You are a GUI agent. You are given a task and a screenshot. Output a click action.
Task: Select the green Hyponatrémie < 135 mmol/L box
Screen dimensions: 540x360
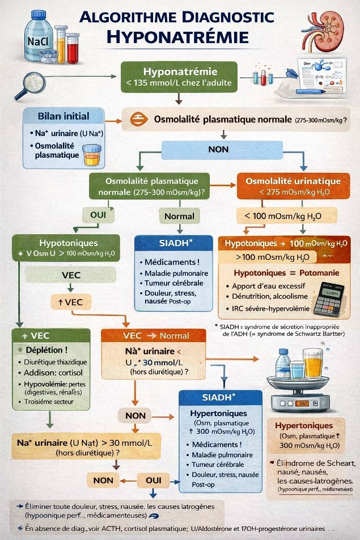coord(179,77)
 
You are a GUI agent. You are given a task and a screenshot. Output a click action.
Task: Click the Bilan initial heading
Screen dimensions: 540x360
coord(63,116)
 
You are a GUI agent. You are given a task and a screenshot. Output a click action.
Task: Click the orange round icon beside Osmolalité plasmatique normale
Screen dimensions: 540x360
coord(138,120)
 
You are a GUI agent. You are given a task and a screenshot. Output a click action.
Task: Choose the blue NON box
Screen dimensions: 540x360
coord(218,149)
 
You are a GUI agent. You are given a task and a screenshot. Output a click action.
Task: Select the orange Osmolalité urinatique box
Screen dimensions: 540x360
coord(293,187)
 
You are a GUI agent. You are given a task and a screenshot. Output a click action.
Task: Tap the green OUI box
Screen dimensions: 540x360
coord(99,215)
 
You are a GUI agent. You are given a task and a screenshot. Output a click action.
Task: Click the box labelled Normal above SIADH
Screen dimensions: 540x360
coord(179,216)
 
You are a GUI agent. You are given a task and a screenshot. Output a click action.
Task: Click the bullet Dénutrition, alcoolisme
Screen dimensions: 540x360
coord(269,297)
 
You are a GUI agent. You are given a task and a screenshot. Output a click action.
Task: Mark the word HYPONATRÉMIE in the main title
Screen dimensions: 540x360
coord(177,37)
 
